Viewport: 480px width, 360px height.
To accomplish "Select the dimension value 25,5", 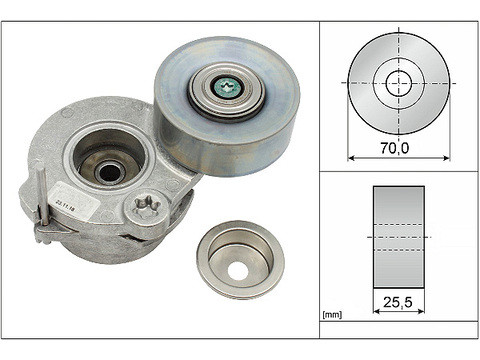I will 398,298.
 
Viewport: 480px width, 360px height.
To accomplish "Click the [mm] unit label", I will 332,317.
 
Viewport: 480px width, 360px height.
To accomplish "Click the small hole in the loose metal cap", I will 240,270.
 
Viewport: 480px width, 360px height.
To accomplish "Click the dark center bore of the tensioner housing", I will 109,171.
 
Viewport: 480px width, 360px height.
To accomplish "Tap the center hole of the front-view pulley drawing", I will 399,82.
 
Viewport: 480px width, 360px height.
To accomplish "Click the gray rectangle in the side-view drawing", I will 398,235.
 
